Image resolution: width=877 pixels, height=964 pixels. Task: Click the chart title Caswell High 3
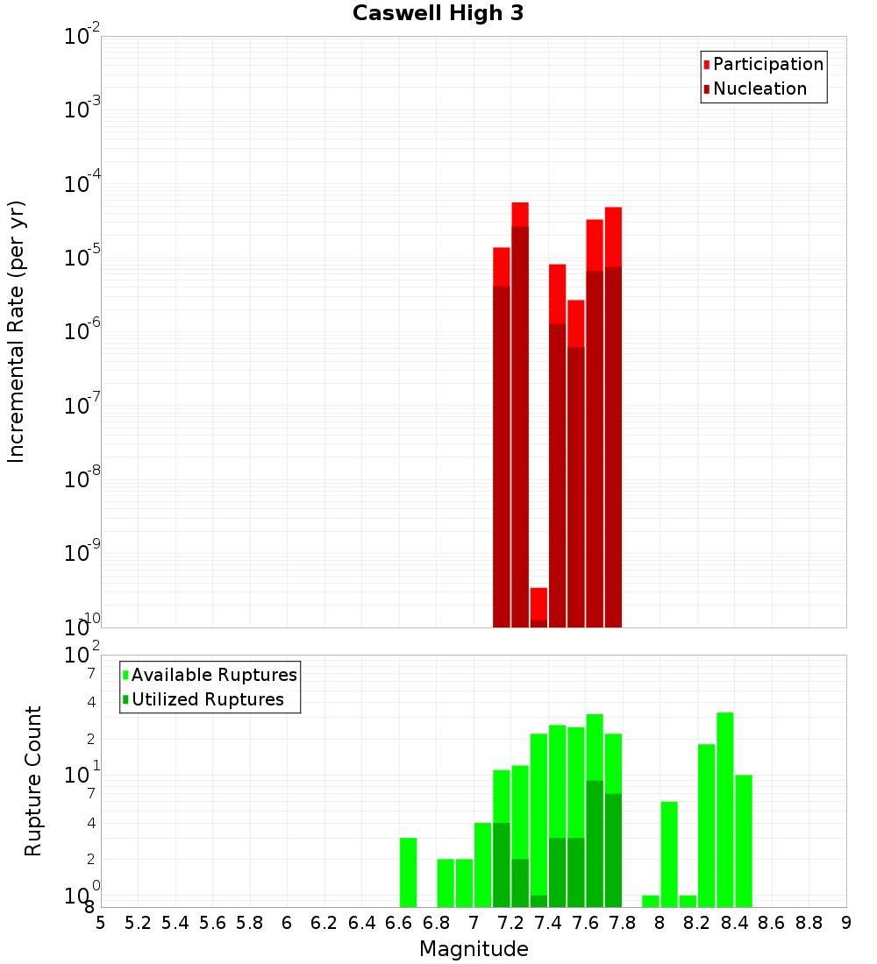coord(438,14)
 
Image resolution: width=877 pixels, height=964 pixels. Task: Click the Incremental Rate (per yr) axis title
coord(17,331)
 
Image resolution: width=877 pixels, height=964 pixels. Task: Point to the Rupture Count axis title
coord(33,781)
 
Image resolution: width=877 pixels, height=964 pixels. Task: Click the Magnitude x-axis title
coord(474,949)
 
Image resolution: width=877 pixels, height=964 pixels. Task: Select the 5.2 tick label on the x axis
coord(138,924)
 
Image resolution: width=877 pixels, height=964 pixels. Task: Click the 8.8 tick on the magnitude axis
coord(809,924)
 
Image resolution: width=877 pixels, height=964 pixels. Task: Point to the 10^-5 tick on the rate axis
coord(82,258)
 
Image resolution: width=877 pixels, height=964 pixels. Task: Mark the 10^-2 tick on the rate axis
coord(82,37)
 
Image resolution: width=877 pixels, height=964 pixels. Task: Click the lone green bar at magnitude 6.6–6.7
coord(408,872)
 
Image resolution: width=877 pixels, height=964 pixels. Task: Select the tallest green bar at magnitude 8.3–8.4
coord(725,810)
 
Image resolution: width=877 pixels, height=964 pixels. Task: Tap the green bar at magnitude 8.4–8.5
coord(744,840)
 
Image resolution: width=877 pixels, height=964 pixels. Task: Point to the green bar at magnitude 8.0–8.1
coord(669,854)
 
